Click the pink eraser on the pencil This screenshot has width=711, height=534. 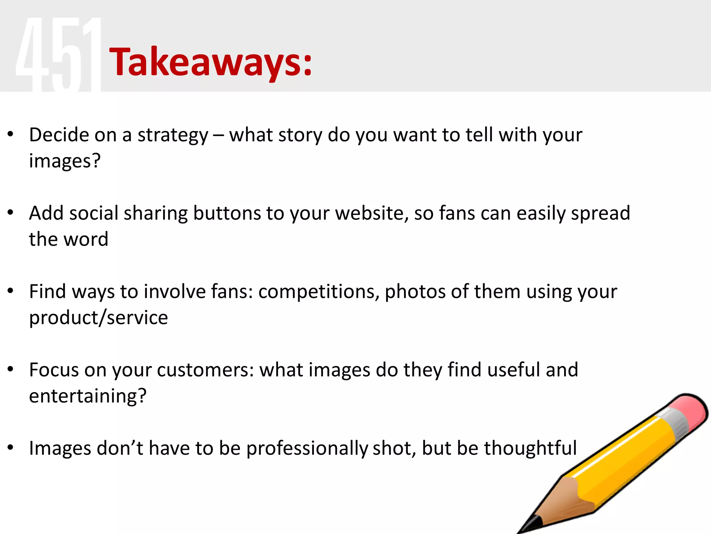pyautogui.click(x=689, y=410)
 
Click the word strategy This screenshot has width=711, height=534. pyautogui.click(x=173, y=136)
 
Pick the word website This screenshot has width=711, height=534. pyautogui.click(x=371, y=213)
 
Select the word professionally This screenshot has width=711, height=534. pyautogui.click(x=307, y=448)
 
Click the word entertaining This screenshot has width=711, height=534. pyautogui.click(x=87, y=396)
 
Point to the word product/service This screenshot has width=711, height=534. pyautogui.click(x=98, y=318)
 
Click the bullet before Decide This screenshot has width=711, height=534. pyautogui.click(x=10, y=134)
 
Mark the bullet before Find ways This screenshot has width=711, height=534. pyautogui.click(x=10, y=291)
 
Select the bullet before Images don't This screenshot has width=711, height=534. pyautogui.click(x=10, y=448)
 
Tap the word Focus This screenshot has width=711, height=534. pyautogui.click(x=54, y=370)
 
